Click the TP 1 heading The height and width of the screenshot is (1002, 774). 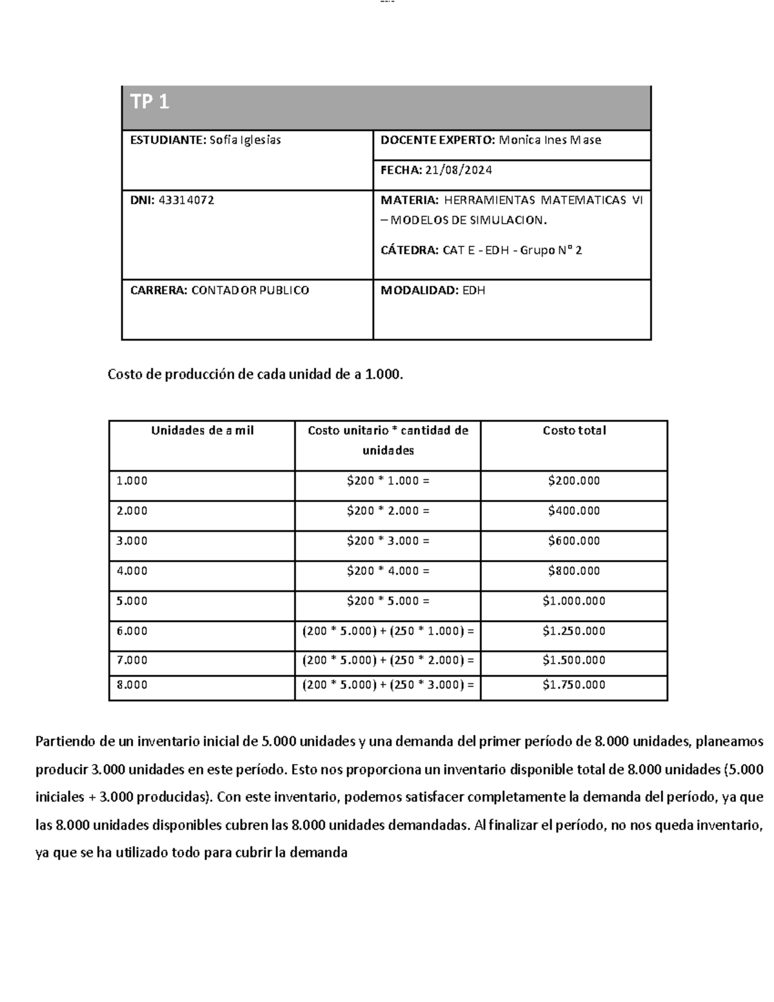150,102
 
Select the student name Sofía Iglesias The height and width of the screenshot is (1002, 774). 244,140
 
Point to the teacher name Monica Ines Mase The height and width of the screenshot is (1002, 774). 550,140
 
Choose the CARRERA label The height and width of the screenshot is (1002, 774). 159,290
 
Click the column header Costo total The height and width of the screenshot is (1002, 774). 574,430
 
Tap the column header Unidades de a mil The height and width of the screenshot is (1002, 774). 202,430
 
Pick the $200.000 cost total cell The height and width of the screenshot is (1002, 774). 574,481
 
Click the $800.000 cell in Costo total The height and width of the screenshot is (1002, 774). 574,571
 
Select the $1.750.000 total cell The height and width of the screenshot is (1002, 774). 574,685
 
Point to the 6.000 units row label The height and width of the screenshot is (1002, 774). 132,631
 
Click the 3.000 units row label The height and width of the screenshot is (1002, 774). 132,541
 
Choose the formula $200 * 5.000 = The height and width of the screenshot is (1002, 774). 388,601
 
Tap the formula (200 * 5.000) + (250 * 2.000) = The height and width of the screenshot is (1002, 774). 388,660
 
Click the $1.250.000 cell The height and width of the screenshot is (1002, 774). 574,631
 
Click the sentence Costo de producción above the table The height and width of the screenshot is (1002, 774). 255,374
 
